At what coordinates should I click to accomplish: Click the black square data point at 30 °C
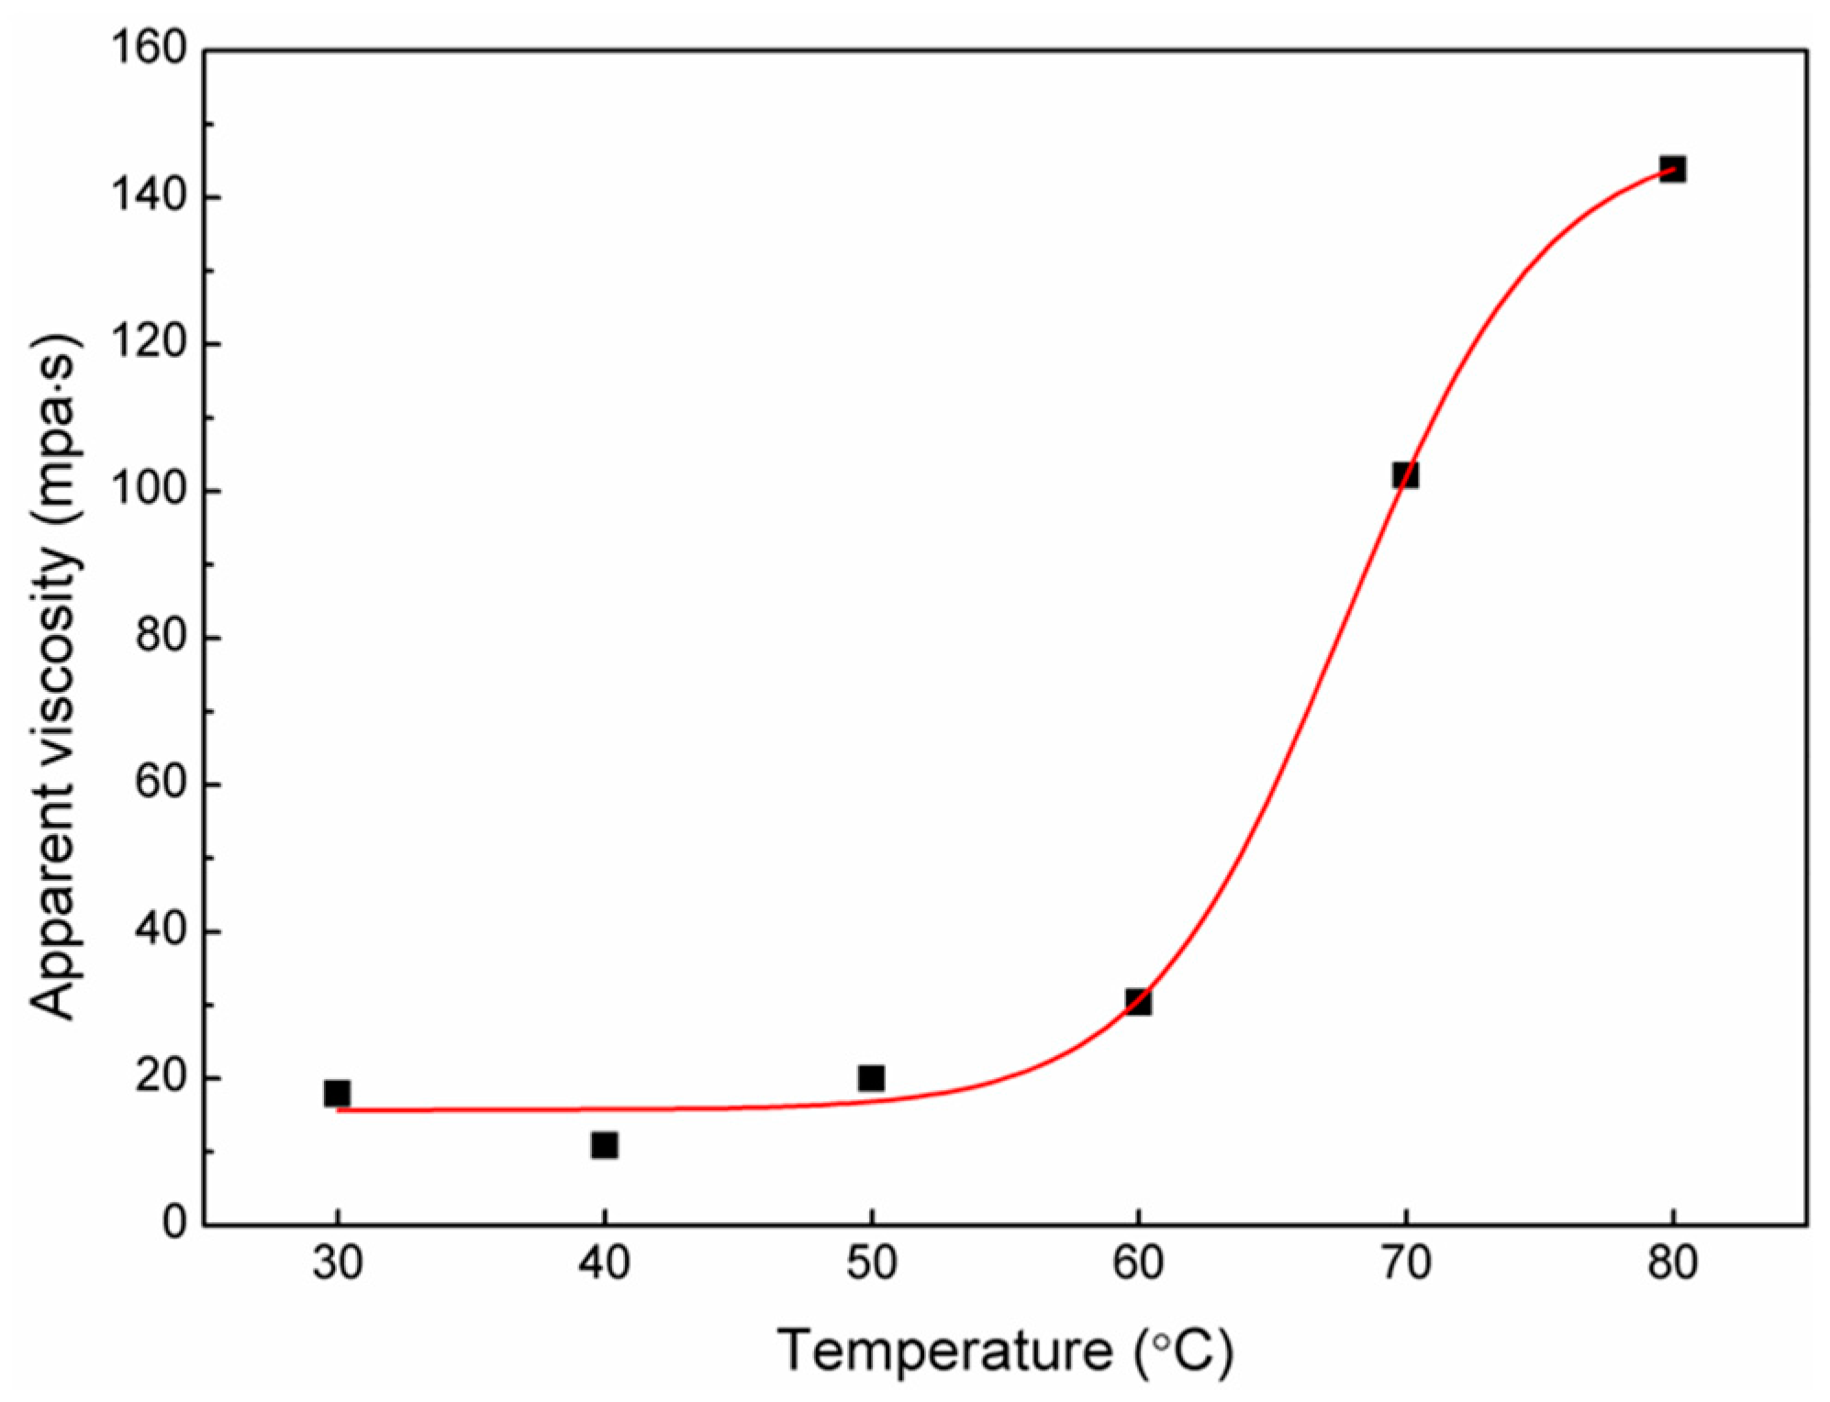pos(337,1093)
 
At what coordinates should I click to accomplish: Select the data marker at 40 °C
pos(604,1145)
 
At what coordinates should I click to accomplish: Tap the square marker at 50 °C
pos(871,1077)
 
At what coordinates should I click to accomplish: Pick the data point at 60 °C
pos(1138,1001)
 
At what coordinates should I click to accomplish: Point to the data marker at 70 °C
pos(1405,475)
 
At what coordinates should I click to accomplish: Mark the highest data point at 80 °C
pos(1672,169)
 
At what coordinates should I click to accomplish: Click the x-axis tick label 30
pos(337,1264)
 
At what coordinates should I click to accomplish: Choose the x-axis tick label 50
pos(871,1264)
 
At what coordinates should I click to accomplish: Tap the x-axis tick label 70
pos(1405,1264)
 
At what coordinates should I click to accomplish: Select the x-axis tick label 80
pos(1672,1264)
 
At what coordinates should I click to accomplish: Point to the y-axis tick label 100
pos(149,490)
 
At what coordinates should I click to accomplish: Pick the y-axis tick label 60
pos(161,784)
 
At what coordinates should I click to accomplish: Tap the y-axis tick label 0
pos(174,1223)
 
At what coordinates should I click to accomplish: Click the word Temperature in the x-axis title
pos(944,1351)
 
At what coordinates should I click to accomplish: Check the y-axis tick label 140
pos(149,196)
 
